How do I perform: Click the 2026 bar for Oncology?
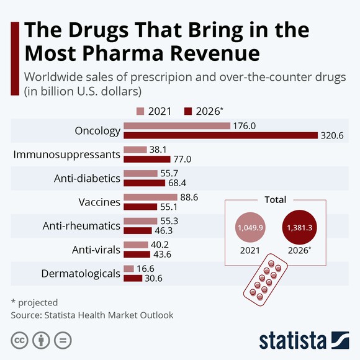[220, 135]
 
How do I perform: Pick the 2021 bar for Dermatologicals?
[128, 268]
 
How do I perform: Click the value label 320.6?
[333, 135]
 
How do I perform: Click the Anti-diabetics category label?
[86, 178]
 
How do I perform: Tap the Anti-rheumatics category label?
[81, 225]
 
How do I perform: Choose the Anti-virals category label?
[96, 250]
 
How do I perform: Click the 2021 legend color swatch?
[140, 112]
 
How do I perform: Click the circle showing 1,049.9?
[251, 228]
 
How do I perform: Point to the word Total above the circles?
[275, 200]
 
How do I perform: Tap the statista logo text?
[292, 340]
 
